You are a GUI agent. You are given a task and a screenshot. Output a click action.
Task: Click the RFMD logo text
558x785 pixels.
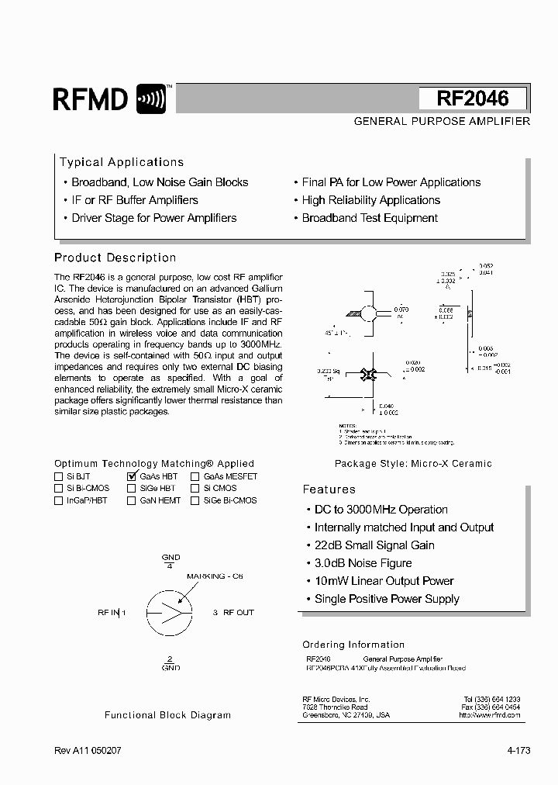[90, 99]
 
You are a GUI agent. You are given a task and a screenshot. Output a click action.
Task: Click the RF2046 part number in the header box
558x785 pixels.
[473, 99]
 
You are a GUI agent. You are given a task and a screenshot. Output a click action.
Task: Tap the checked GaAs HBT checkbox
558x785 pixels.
[131, 476]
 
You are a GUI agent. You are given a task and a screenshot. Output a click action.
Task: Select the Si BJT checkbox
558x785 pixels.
[59, 476]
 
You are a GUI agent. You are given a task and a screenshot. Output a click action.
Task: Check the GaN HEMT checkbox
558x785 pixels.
[131, 501]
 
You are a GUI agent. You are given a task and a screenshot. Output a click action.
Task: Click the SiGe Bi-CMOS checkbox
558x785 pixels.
[195, 501]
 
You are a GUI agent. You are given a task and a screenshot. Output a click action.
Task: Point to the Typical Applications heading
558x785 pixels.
[122, 162]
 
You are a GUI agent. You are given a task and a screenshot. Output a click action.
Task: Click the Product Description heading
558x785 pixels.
[115, 258]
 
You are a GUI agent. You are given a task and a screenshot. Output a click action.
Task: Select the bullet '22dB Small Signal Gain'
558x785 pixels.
[374, 545]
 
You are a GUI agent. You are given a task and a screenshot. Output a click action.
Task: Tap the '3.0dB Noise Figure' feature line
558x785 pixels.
[363, 563]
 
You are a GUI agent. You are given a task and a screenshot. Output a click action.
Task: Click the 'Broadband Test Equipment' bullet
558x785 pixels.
[369, 218]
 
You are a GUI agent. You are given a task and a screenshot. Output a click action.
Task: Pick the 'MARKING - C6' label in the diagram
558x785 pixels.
[215, 577]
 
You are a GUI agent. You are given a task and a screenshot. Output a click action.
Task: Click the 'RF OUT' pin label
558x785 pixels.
[238, 612]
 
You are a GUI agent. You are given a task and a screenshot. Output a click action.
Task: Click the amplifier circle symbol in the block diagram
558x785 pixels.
[167, 612]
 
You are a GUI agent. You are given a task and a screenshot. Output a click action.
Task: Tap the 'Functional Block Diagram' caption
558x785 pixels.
[167, 715]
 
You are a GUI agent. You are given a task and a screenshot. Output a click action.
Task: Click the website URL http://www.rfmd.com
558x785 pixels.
[489, 714]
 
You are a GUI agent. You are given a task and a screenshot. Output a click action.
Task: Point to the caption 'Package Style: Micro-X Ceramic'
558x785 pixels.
[413, 464]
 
